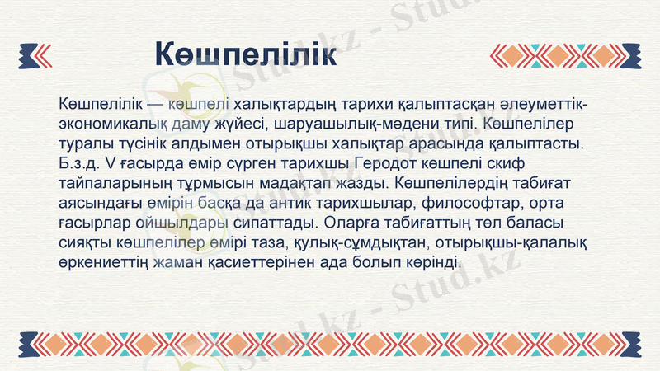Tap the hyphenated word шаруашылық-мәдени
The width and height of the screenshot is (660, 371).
coord(356,123)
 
